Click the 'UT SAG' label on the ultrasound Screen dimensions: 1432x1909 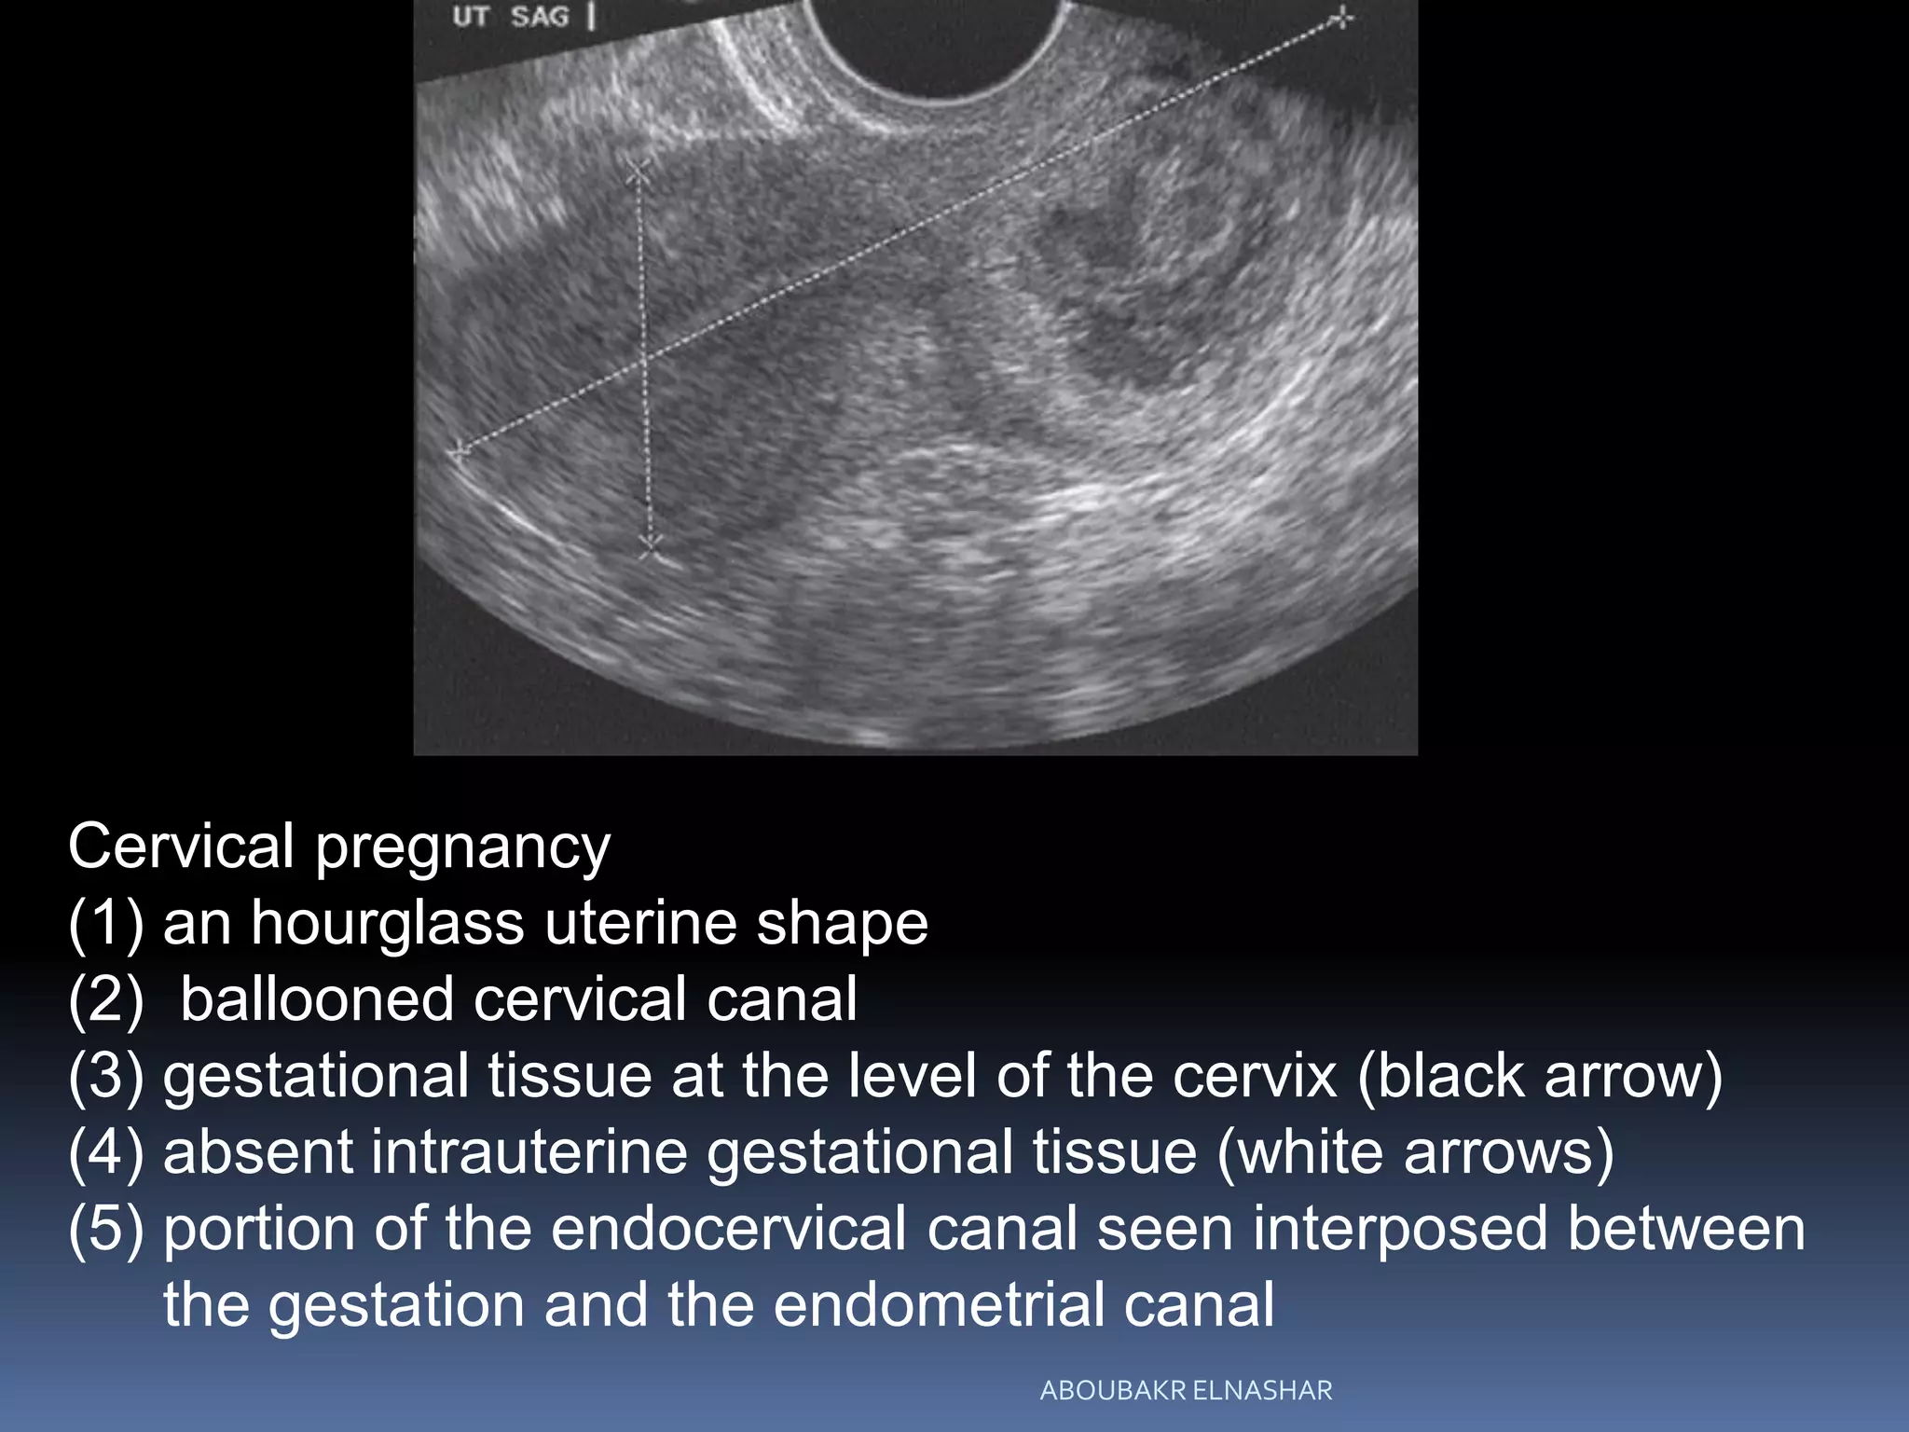[x=511, y=16]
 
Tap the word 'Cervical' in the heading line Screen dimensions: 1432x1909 [x=181, y=847]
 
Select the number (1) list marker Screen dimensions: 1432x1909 [x=105, y=923]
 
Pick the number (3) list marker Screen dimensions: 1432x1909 [x=105, y=1076]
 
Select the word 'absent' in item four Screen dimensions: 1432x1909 [x=258, y=1152]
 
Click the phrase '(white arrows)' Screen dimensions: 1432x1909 [x=1415, y=1152]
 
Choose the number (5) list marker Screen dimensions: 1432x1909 [x=105, y=1229]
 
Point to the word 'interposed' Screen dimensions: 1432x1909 [x=1399, y=1229]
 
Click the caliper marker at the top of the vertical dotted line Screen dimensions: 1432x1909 [x=639, y=172]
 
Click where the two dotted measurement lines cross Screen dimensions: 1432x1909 [x=643, y=356]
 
